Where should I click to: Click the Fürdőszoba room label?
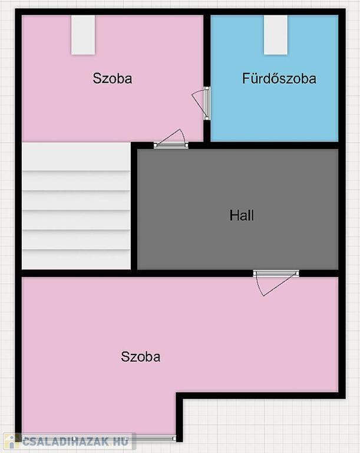click(x=279, y=78)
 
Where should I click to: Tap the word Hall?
click(x=242, y=215)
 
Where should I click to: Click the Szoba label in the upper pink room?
click(x=113, y=78)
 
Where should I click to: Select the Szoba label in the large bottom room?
click(x=141, y=357)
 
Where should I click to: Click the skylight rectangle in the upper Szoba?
click(x=83, y=35)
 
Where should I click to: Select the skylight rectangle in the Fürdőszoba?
click(x=276, y=35)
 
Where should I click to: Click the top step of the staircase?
click(x=76, y=156)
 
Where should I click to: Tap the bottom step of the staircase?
click(x=76, y=260)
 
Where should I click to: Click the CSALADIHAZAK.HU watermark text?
click(x=75, y=441)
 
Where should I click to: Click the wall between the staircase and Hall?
click(x=134, y=206)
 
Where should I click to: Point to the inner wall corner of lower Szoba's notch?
click(x=180, y=396)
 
